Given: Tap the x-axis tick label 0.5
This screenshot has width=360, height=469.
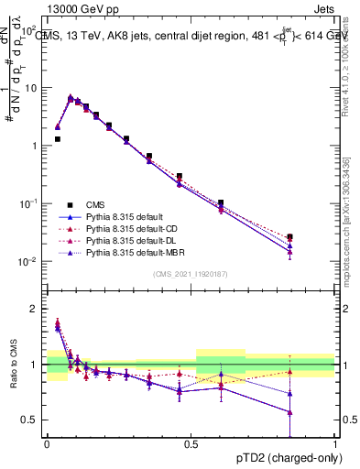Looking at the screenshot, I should coord(191,443).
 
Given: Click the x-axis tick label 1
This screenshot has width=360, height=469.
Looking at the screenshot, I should coord(335,443).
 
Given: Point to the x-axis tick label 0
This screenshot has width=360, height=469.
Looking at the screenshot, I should coord(46,443).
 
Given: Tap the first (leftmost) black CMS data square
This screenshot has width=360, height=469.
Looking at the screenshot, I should coord(57,139).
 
